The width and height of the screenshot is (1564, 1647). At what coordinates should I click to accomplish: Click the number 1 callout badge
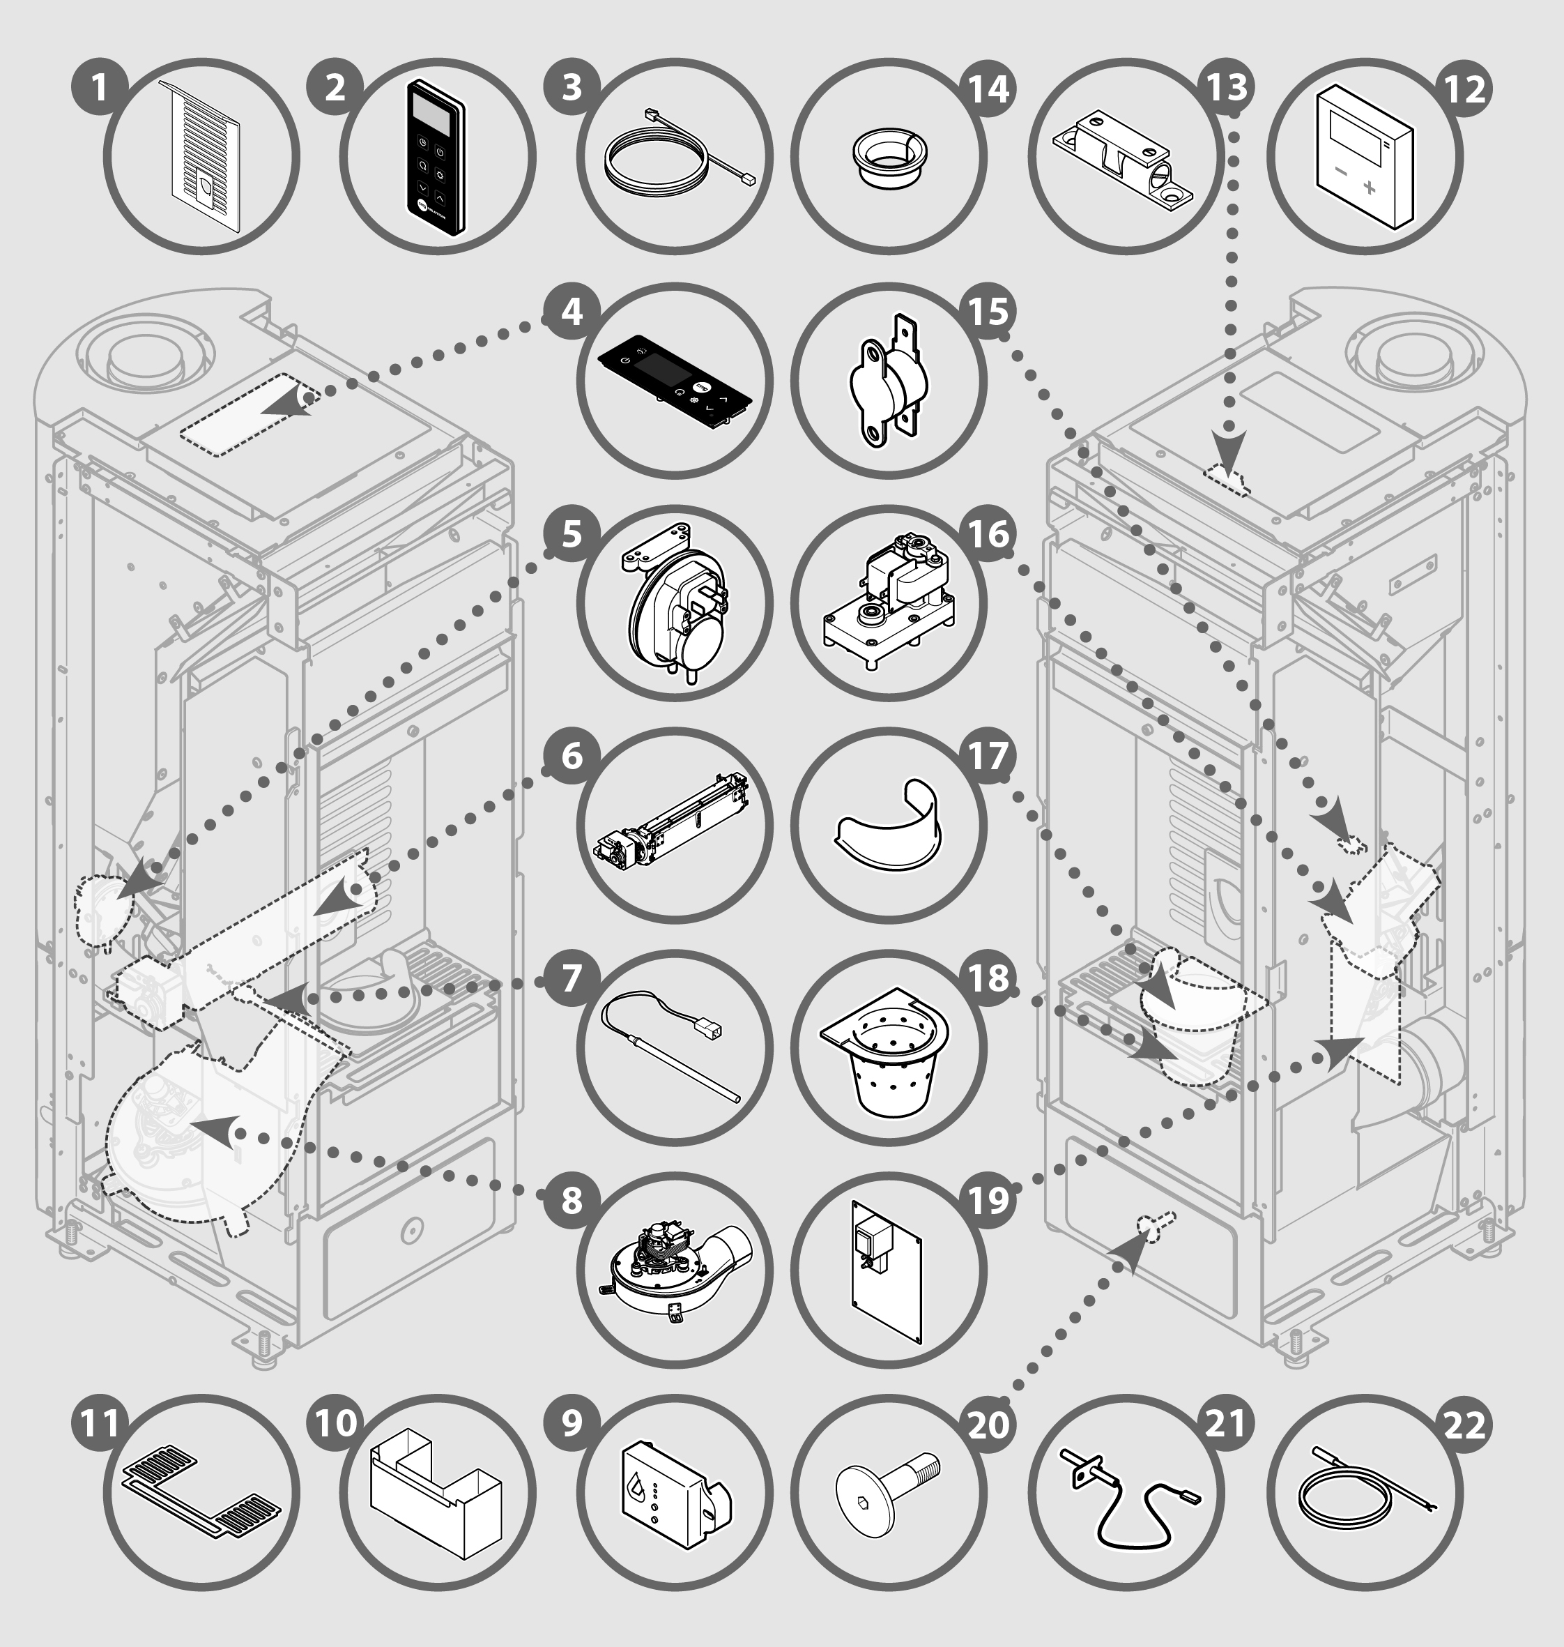click(x=99, y=86)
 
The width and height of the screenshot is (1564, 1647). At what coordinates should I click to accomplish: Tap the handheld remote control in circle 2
click(x=435, y=158)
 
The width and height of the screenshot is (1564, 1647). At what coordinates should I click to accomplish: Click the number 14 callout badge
click(x=990, y=86)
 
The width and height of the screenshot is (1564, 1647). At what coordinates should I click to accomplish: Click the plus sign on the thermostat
click(x=1369, y=188)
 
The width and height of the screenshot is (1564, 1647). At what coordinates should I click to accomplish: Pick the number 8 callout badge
click(x=571, y=1201)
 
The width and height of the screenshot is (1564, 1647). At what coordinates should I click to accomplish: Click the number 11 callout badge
click(x=99, y=1423)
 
